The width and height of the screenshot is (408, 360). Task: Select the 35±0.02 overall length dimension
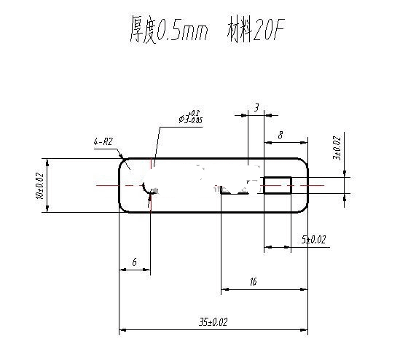(212, 321)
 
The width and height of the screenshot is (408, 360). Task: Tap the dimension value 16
(252, 281)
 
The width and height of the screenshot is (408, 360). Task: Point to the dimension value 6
(134, 261)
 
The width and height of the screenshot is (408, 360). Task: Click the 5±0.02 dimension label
(313, 239)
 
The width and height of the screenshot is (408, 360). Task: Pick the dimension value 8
(280, 135)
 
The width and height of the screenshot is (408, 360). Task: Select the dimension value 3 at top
(256, 107)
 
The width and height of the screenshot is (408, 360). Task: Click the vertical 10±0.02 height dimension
(39, 185)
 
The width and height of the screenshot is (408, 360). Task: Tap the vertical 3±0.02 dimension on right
(336, 148)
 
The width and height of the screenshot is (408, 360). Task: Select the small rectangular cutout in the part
(277, 185)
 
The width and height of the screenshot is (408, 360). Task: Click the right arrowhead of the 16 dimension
(304, 290)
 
